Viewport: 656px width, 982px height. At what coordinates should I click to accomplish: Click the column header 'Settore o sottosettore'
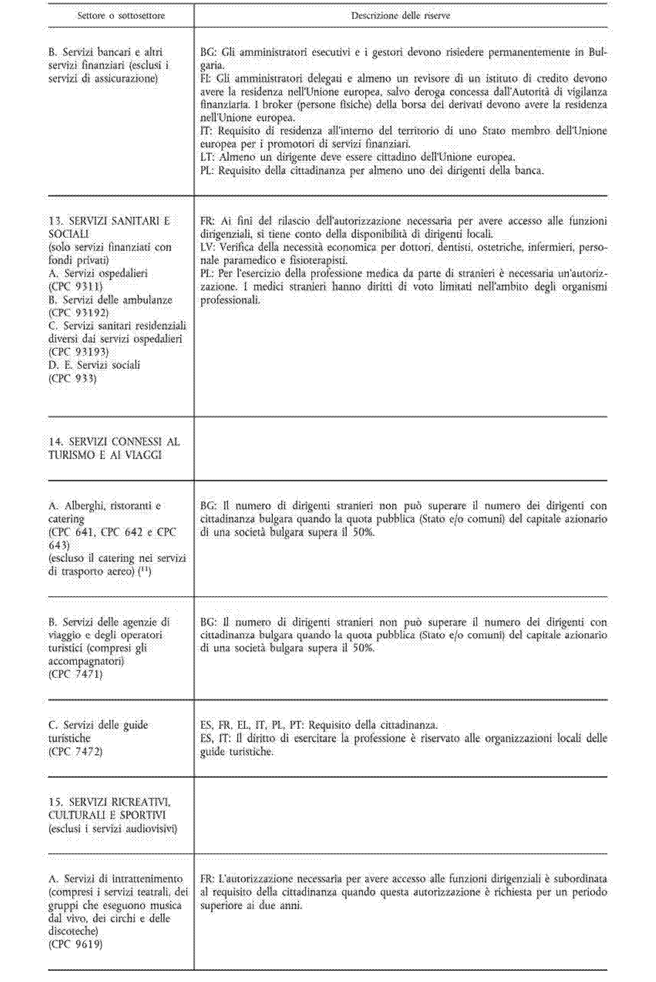(121, 16)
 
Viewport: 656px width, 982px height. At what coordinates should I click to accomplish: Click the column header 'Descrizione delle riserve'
(400, 16)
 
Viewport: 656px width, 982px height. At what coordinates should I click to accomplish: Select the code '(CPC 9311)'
(75, 287)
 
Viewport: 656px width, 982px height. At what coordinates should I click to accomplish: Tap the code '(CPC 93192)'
(78, 313)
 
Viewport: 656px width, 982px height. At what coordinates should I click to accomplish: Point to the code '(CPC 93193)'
(78, 352)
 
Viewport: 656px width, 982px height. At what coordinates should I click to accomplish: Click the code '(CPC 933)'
(72, 378)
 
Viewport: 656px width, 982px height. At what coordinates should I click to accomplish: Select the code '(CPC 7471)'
(75, 674)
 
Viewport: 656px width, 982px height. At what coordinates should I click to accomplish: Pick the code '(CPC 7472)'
(75, 752)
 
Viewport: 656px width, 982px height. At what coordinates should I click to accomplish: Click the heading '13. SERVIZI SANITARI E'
(109, 221)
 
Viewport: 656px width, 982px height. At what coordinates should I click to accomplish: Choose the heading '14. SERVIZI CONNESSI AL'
(114, 442)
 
